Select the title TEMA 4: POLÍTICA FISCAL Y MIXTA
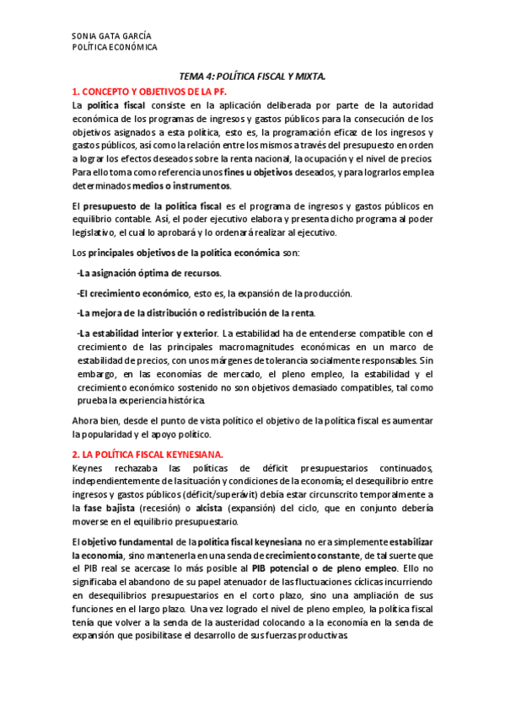coord(252,77)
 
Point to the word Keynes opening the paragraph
coord(87,468)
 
